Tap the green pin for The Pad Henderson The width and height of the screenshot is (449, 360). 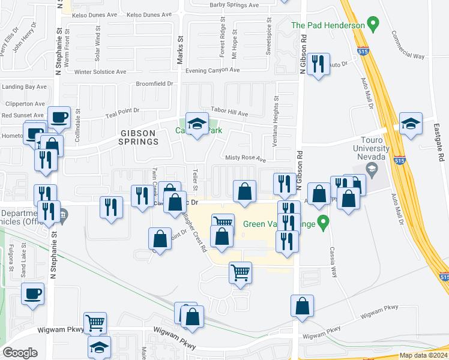pyautogui.click(x=374, y=25)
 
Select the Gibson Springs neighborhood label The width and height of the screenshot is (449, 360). pyautogui.click(x=138, y=137)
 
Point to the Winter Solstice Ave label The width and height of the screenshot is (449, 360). pyautogui.click(x=100, y=71)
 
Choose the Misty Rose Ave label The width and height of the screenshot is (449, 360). pyautogui.click(x=245, y=159)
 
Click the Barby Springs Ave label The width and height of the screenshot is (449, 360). pyautogui.click(x=234, y=5)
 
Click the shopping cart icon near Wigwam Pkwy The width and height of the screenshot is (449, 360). pyautogui.click(x=95, y=323)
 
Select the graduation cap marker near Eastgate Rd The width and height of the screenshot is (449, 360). pyautogui.click(x=411, y=124)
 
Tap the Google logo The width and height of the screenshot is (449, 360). pyautogui.click(x=20, y=353)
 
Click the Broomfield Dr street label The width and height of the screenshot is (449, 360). pyautogui.click(x=155, y=84)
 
